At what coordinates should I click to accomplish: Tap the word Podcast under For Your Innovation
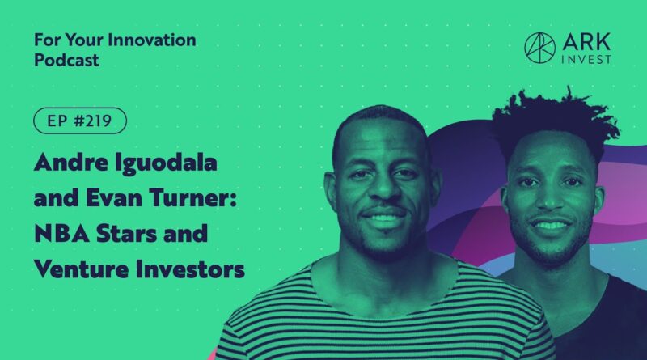66,61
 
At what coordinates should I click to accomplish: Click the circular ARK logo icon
539,49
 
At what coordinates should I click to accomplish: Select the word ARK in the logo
586,42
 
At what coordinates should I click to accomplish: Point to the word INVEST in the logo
586,59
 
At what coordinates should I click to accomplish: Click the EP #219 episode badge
80,121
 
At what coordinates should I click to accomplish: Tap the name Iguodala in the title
166,163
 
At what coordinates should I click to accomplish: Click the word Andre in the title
71,162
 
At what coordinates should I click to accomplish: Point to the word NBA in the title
62,234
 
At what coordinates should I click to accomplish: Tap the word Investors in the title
190,269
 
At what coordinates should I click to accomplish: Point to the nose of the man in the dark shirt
550,197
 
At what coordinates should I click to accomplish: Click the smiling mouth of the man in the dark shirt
551,225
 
